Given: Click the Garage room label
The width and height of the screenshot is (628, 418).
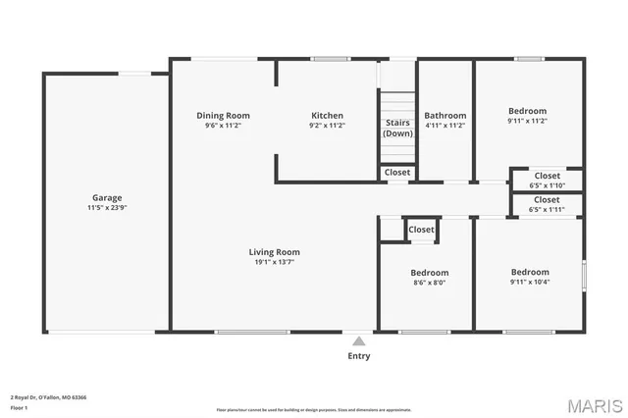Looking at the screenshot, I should [x=107, y=197].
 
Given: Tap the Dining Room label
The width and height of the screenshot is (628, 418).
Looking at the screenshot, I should [x=223, y=115].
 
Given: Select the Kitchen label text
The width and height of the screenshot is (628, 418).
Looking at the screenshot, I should [x=327, y=115].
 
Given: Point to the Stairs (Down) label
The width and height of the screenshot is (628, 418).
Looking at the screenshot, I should [x=397, y=128].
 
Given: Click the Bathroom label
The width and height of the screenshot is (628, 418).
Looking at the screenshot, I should [x=445, y=115].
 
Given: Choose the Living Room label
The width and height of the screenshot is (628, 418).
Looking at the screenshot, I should [x=274, y=251].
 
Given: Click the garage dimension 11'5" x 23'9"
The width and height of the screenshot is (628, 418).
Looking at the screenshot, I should [x=107, y=208].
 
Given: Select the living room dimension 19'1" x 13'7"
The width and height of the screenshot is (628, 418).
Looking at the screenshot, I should [x=274, y=262].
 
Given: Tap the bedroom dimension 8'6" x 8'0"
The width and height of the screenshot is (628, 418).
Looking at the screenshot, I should [x=429, y=283].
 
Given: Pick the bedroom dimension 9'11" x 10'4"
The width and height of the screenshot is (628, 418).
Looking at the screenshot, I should [x=529, y=282].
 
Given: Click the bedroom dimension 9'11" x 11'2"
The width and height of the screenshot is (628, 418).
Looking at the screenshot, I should [x=527, y=122].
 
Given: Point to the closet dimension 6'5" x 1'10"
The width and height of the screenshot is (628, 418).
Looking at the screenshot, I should [x=547, y=185].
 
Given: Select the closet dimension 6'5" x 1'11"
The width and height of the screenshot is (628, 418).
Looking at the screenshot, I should [x=547, y=209].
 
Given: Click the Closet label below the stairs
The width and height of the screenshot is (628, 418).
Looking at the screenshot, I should [x=397, y=172].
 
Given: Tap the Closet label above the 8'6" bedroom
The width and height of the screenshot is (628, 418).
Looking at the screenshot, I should [x=421, y=229].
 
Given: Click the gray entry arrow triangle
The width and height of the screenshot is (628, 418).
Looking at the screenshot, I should [x=359, y=341].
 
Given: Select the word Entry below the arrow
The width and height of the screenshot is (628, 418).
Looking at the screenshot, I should [x=359, y=356].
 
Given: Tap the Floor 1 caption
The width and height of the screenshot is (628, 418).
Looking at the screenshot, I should [x=19, y=407].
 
